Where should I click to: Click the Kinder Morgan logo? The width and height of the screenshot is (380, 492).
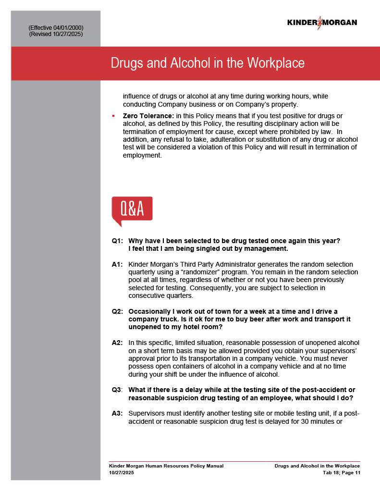(x=322, y=23)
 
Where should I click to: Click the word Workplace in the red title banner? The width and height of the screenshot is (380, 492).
(x=275, y=63)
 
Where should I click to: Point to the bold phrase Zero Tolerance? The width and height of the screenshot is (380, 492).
(x=148, y=116)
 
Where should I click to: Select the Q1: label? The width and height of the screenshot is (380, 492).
(x=117, y=241)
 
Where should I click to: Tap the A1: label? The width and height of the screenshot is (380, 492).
(x=117, y=264)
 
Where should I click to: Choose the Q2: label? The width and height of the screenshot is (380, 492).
(x=117, y=311)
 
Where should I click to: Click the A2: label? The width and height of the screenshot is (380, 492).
(x=117, y=343)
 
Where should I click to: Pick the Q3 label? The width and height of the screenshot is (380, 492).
(x=117, y=390)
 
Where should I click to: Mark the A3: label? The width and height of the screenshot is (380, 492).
(x=117, y=413)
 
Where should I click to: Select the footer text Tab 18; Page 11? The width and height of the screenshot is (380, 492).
(x=341, y=473)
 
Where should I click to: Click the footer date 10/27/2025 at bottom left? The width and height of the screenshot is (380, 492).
(x=122, y=473)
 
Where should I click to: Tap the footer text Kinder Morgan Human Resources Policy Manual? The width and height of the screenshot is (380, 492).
(x=166, y=466)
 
